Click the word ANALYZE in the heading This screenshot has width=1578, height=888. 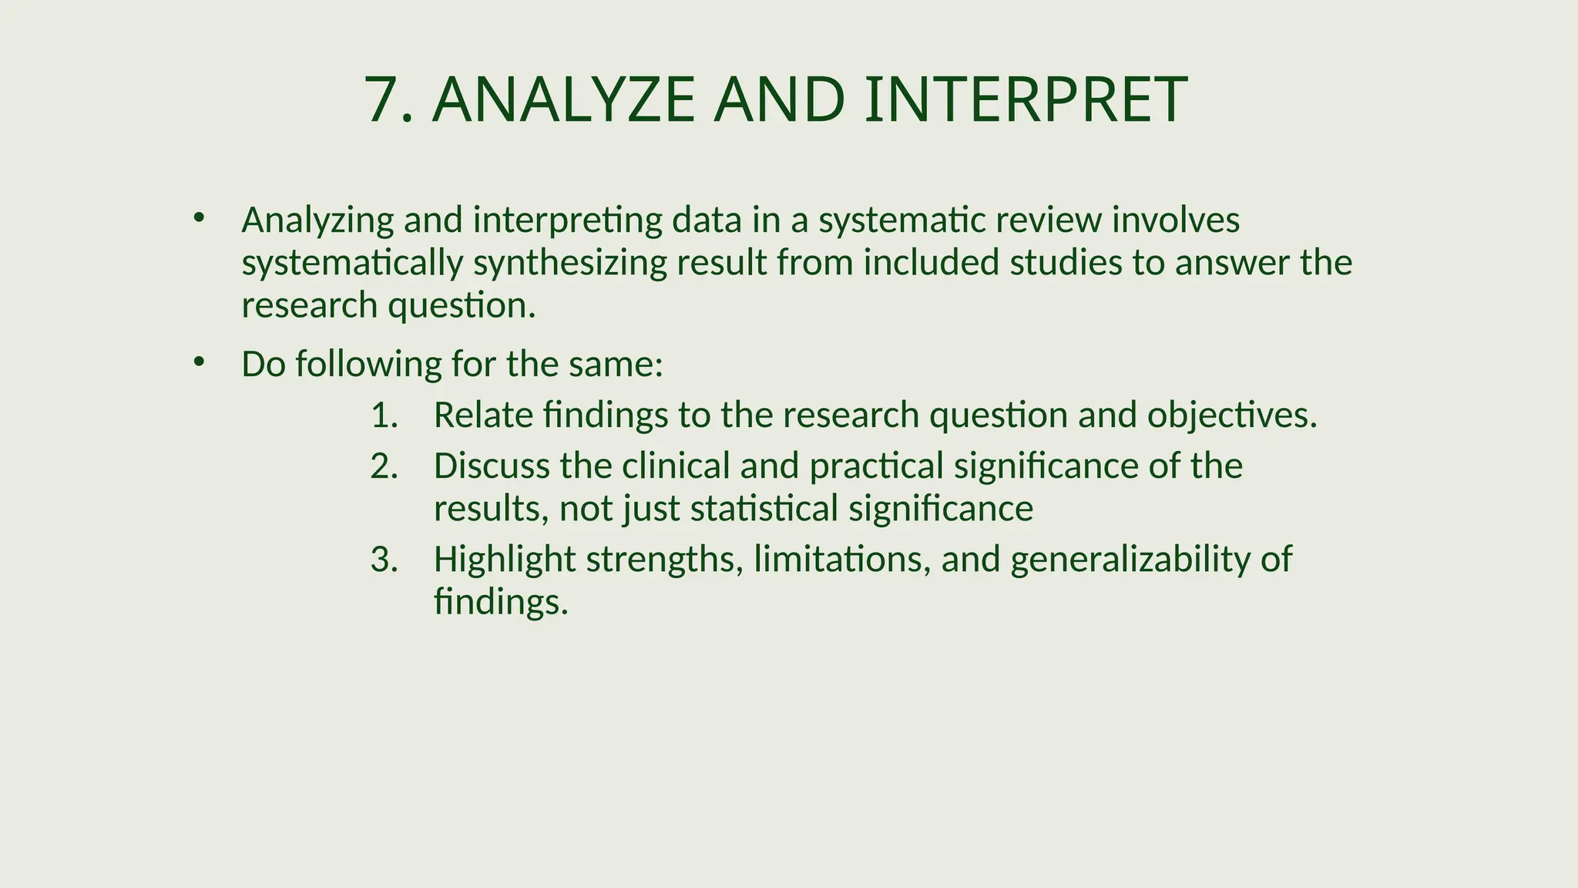(x=563, y=100)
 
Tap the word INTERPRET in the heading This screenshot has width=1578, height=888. (x=1025, y=100)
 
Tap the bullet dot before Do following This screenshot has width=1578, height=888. (x=199, y=361)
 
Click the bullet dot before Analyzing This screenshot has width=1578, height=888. (x=199, y=217)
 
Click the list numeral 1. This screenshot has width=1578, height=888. (x=383, y=415)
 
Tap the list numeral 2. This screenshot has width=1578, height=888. (x=383, y=466)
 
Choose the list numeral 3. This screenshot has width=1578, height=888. (x=383, y=559)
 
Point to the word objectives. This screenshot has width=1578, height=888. (x=1231, y=415)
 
